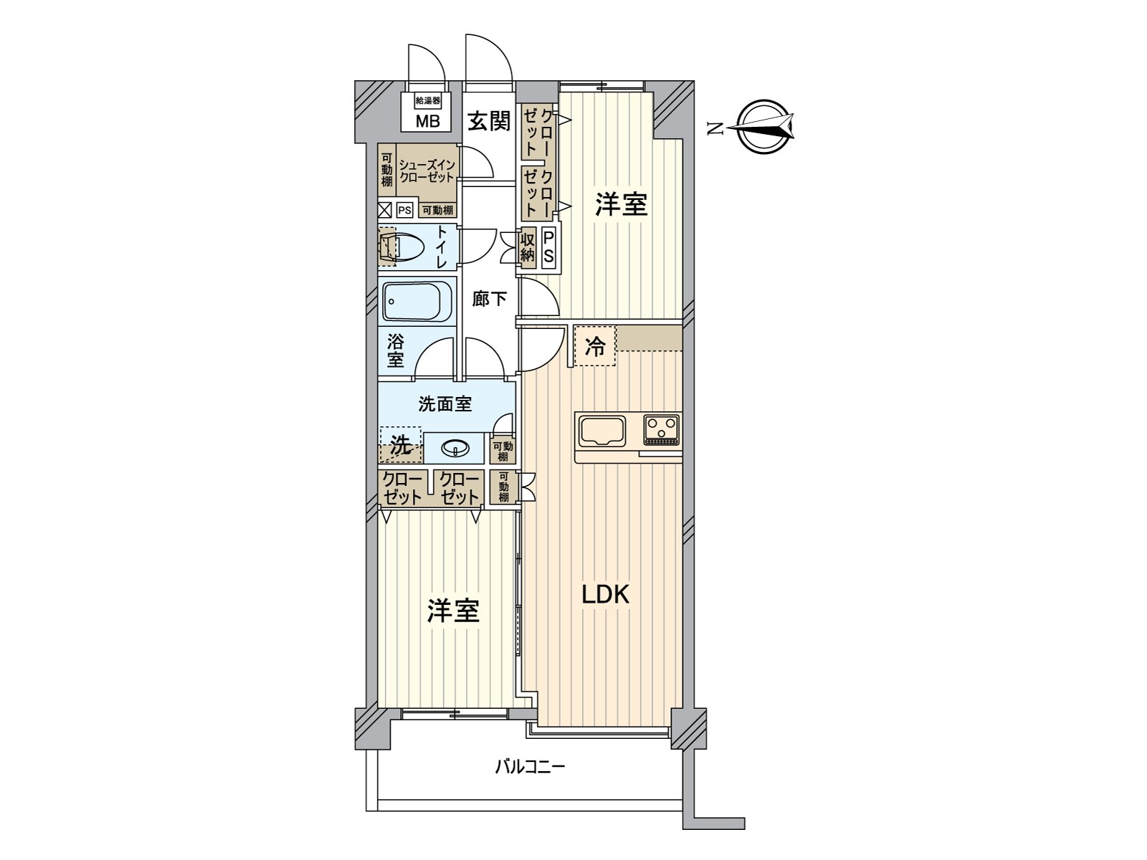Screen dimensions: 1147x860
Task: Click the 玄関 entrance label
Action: coord(488,121)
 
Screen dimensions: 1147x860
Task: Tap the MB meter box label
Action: coord(427,121)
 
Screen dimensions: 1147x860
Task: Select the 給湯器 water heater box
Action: coord(427,100)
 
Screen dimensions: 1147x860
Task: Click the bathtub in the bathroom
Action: coord(417,301)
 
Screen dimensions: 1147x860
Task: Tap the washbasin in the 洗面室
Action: coord(454,447)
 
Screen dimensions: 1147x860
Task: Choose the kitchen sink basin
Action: coord(601,431)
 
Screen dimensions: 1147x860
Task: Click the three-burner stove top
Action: coord(662,430)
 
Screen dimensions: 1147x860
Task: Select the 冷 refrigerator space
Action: coord(595,345)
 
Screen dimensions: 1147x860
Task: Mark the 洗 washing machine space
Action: coord(400,445)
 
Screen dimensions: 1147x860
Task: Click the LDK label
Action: coord(605,594)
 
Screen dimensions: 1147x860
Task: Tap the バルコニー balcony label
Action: coord(530,768)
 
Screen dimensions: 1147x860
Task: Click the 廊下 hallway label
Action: coord(489,299)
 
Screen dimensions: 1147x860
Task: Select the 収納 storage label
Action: coord(528,247)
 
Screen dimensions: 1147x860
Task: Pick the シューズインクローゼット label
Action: coord(427,171)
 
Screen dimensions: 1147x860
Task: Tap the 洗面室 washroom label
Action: coord(444,403)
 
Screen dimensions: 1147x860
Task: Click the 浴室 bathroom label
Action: coord(395,351)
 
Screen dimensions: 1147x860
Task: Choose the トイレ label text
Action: coord(442,247)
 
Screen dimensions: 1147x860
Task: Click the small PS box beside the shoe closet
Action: coord(404,211)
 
